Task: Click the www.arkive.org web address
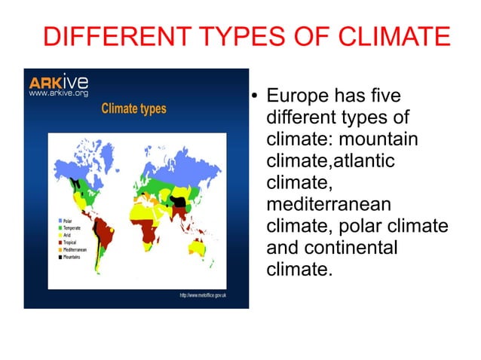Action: (59, 93)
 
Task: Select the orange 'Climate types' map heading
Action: (133, 109)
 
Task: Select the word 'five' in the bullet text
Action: (381, 97)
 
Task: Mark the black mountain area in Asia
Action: (179, 201)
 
